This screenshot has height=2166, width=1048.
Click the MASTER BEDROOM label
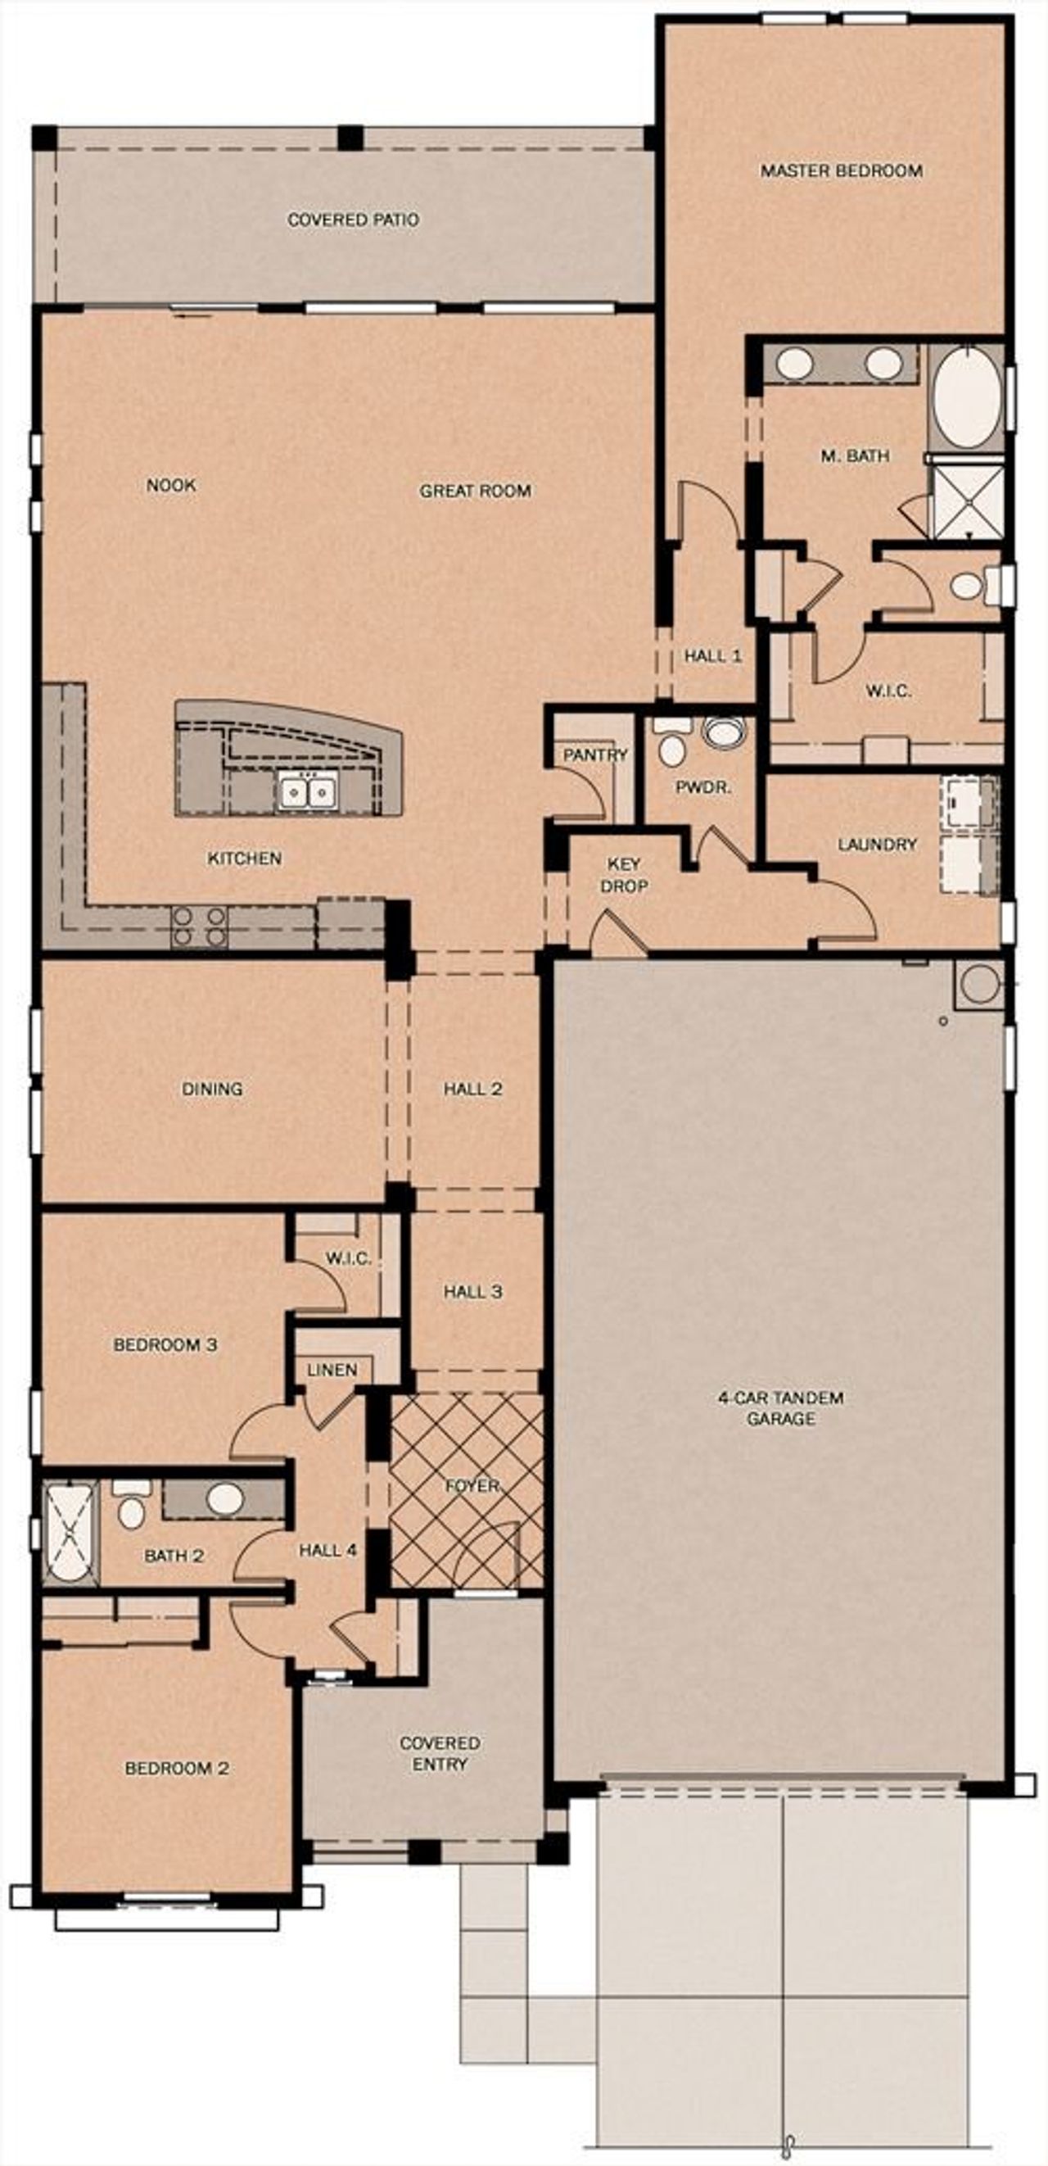pyautogui.click(x=840, y=170)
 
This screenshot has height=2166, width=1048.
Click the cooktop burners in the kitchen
pyautogui.click(x=199, y=927)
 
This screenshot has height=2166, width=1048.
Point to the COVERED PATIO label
pyautogui.click(x=353, y=220)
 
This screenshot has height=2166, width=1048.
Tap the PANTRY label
pyautogui.click(x=595, y=754)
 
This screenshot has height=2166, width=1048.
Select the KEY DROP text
pyautogui.click(x=624, y=874)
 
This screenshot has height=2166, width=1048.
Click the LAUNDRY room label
pyautogui.click(x=877, y=843)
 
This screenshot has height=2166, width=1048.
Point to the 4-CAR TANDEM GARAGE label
pyautogui.click(x=781, y=1407)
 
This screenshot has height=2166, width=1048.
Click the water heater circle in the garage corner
pyautogui.click(x=978, y=984)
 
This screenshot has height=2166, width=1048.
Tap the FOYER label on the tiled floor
pyautogui.click(x=472, y=1486)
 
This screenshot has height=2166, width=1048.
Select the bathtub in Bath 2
pyautogui.click(x=69, y=1534)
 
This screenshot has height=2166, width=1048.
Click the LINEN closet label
pyautogui.click(x=332, y=1370)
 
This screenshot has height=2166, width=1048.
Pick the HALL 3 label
pyautogui.click(x=473, y=1292)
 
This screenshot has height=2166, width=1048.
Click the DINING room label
pyautogui.click(x=212, y=1089)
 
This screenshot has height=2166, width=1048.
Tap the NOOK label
pyautogui.click(x=170, y=485)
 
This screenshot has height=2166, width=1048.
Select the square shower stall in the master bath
pyautogui.click(x=967, y=501)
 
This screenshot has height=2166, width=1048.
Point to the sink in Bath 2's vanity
pyautogui.click(x=224, y=1498)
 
